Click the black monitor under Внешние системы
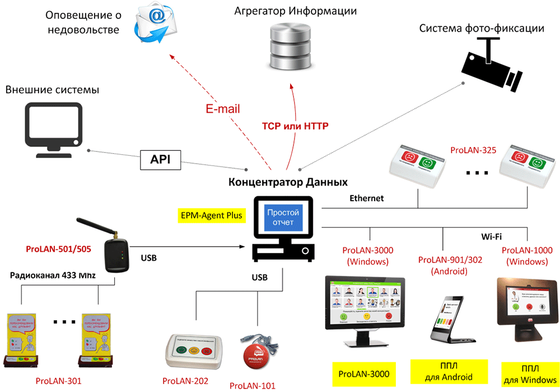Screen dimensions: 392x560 pyautogui.click(x=53, y=127)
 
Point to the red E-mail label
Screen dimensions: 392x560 pyautogui.click(x=222, y=109)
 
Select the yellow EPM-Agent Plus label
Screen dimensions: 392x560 pyautogui.click(x=212, y=215)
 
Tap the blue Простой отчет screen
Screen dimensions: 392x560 pyautogui.click(x=283, y=218)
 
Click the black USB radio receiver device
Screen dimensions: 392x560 pyautogui.click(x=117, y=256)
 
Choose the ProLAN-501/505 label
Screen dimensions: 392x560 pyautogui.click(x=58, y=248)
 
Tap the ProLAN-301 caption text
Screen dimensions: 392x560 pyautogui.click(x=58, y=381)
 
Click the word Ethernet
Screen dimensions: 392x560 pyautogui.click(x=367, y=198)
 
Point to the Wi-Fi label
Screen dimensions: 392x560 pyautogui.click(x=491, y=236)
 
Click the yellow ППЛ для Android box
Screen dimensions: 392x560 pyautogui.click(x=442, y=372)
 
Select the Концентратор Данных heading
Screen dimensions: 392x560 pyautogui.click(x=288, y=182)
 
